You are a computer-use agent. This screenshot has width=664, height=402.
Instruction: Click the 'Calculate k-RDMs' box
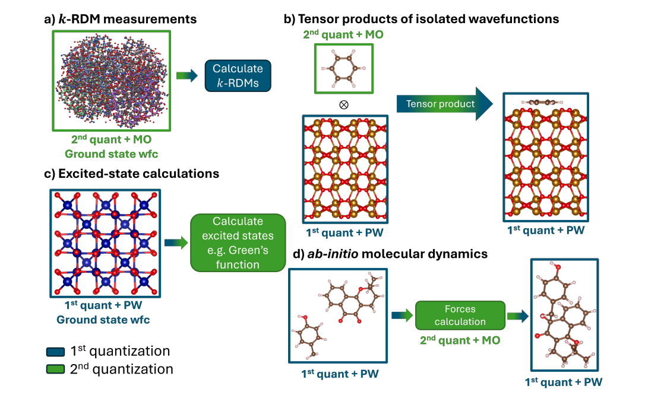pyautogui.click(x=238, y=75)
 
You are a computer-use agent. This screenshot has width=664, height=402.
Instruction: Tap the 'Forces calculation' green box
pyautogui.click(x=460, y=315)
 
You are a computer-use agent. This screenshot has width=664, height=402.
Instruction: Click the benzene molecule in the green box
pyautogui.click(x=343, y=69)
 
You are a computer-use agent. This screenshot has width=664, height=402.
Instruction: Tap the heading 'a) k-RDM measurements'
pyautogui.click(x=121, y=19)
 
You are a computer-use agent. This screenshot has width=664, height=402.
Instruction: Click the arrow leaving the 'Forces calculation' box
pyautogui.click(x=515, y=315)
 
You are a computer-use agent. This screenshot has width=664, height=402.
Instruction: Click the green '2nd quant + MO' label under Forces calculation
pyautogui.click(x=459, y=340)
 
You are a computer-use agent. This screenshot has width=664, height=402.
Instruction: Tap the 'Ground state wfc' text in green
pyautogui.click(x=112, y=155)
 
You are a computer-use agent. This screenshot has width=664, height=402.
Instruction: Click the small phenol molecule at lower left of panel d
pyautogui.click(x=308, y=338)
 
